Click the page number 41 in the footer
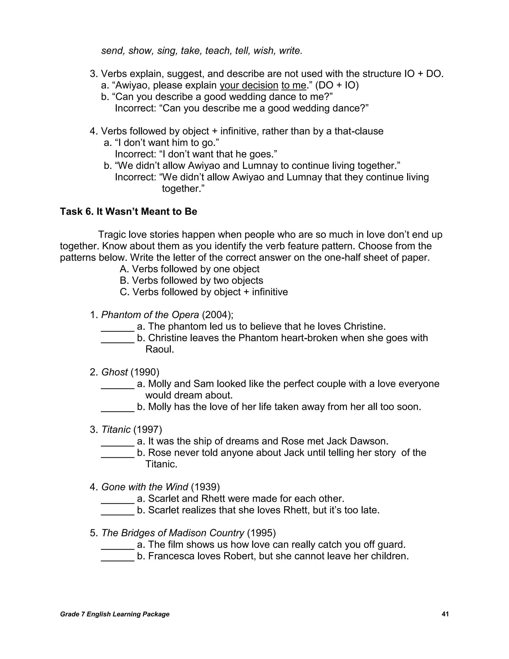[x=445, y=614]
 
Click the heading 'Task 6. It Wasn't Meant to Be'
[x=128, y=212]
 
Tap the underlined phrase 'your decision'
[x=249, y=85]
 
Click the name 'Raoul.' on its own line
[x=160, y=349]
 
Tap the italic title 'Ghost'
[x=114, y=372]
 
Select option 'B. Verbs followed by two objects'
[x=191, y=281]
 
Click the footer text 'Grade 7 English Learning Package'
[x=115, y=614]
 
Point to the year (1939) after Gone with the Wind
[x=205, y=487]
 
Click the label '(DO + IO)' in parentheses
[x=337, y=85]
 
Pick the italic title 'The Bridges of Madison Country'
[x=172, y=533]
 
